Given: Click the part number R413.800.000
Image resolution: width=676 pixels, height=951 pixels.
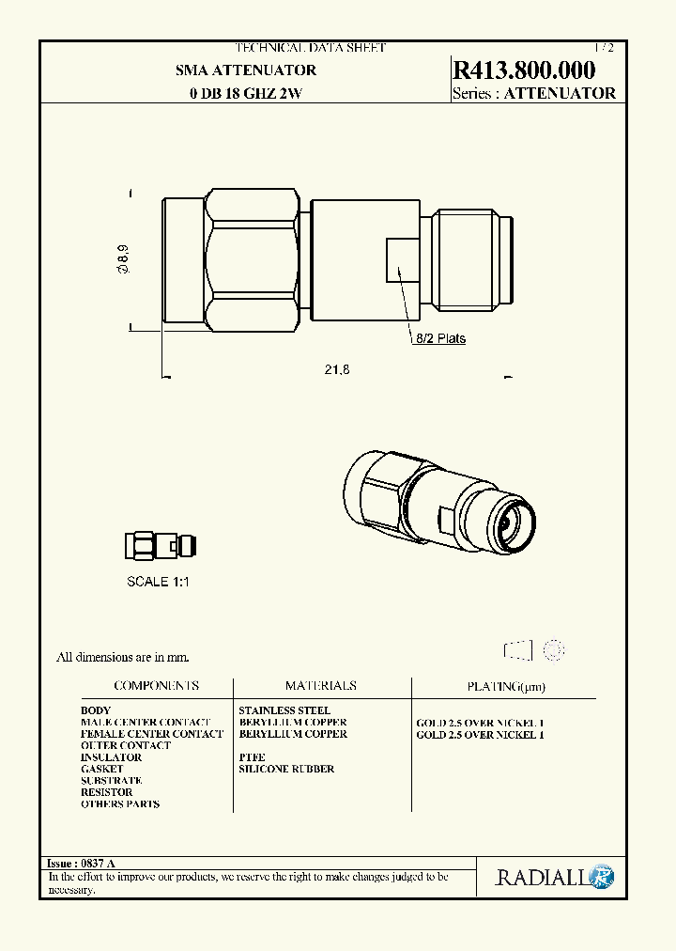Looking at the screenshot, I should tap(524, 70).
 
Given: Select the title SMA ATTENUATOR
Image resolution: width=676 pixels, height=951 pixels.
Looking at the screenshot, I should tap(246, 70).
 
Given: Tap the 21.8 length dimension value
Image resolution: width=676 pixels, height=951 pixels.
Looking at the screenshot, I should tap(337, 370).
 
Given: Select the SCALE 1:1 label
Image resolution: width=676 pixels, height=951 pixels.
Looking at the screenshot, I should tap(158, 582).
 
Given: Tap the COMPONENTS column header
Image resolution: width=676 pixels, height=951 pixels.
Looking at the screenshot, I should tap(156, 686).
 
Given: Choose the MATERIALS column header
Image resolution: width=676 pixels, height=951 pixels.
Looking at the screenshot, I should tap(320, 686).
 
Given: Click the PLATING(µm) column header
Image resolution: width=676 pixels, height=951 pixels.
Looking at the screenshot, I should tap(505, 687).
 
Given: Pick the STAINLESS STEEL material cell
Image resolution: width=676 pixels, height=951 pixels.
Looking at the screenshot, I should tap(284, 710).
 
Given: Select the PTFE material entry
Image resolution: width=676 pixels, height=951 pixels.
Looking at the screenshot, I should tap(252, 757).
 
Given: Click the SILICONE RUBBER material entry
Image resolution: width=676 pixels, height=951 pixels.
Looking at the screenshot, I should tap(286, 769).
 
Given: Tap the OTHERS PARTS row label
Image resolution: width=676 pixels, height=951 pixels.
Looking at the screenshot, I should tap(120, 803).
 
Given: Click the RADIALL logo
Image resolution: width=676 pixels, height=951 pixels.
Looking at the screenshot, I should tap(554, 878).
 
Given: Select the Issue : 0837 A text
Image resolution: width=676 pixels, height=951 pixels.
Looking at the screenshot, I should tap(81, 863).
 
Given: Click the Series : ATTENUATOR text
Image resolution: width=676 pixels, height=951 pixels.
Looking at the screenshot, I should tap(533, 93).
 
